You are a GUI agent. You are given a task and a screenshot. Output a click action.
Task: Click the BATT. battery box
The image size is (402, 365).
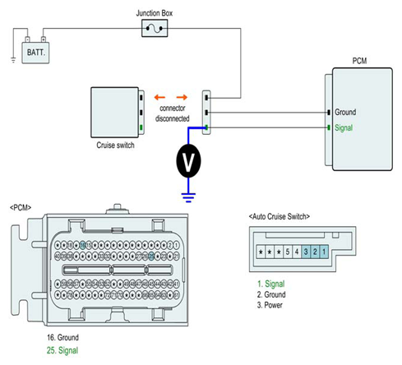35,53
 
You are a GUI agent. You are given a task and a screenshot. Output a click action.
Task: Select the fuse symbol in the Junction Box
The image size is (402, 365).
155,28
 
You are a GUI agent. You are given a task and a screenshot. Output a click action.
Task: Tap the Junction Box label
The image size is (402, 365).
155,13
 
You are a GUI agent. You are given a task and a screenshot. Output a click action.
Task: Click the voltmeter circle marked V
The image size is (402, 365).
188,161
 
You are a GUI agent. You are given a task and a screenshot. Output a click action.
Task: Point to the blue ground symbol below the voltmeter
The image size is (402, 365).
188,197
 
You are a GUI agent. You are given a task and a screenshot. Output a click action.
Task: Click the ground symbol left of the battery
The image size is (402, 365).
13,60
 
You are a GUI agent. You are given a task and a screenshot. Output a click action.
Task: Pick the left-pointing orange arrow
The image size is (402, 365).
159,97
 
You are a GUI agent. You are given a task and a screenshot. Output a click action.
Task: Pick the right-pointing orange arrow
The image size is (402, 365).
182,97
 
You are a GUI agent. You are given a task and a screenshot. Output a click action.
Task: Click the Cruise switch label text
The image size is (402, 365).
115,145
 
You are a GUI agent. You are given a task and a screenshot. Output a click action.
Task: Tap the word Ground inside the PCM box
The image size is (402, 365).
345,112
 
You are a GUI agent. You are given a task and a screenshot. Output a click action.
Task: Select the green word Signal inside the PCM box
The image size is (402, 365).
344,127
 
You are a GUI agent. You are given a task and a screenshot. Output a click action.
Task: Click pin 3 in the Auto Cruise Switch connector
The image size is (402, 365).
306,252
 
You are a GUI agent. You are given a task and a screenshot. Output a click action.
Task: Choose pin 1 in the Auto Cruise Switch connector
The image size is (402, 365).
324,252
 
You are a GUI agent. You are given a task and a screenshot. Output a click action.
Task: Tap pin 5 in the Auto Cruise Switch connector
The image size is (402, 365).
288,252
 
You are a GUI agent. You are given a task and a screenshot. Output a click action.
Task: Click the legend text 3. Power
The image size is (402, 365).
270,305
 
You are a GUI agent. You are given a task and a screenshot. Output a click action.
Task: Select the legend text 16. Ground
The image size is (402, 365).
62,337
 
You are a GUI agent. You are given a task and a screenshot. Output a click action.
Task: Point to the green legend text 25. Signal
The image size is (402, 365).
62,350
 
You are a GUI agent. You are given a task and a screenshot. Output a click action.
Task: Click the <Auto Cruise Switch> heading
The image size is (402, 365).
280,216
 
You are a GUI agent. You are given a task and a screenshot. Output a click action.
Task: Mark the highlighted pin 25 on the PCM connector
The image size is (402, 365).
151,256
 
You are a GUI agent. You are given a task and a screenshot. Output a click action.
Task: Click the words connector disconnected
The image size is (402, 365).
173,113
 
